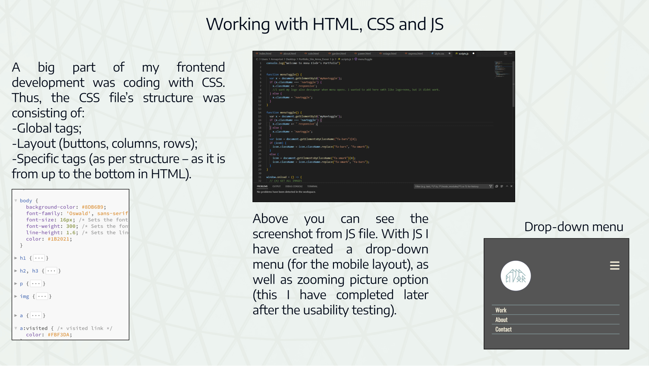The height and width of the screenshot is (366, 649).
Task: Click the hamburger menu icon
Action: (x=615, y=266)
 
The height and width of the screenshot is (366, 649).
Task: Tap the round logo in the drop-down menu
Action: (x=515, y=276)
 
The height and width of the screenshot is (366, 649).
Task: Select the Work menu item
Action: (x=501, y=310)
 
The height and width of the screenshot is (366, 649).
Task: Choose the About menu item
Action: (x=501, y=320)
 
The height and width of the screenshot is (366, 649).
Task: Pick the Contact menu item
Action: (x=503, y=329)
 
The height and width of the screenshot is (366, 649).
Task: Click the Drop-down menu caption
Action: (x=574, y=227)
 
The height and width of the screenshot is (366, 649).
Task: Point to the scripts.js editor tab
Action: (x=463, y=53)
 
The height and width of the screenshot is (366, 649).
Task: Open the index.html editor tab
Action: (x=265, y=53)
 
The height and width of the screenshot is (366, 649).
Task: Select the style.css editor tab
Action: (x=439, y=53)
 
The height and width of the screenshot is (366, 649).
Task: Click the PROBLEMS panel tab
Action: (x=262, y=186)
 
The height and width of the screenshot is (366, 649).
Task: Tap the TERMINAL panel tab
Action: (x=312, y=186)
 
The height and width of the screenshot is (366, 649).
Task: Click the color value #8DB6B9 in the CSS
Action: (x=92, y=207)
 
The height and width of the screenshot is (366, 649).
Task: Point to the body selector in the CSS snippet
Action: (x=26, y=200)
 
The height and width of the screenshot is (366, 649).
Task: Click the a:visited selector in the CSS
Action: (x=33, y=328)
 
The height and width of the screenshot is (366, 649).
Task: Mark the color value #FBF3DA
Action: (x=58, y=335)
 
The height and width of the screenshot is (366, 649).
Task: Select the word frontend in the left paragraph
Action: (x=201, y=67)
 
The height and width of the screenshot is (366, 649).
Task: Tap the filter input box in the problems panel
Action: (x=451, y=186)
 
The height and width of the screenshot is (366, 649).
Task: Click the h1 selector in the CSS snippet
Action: (x=23, y=258)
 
